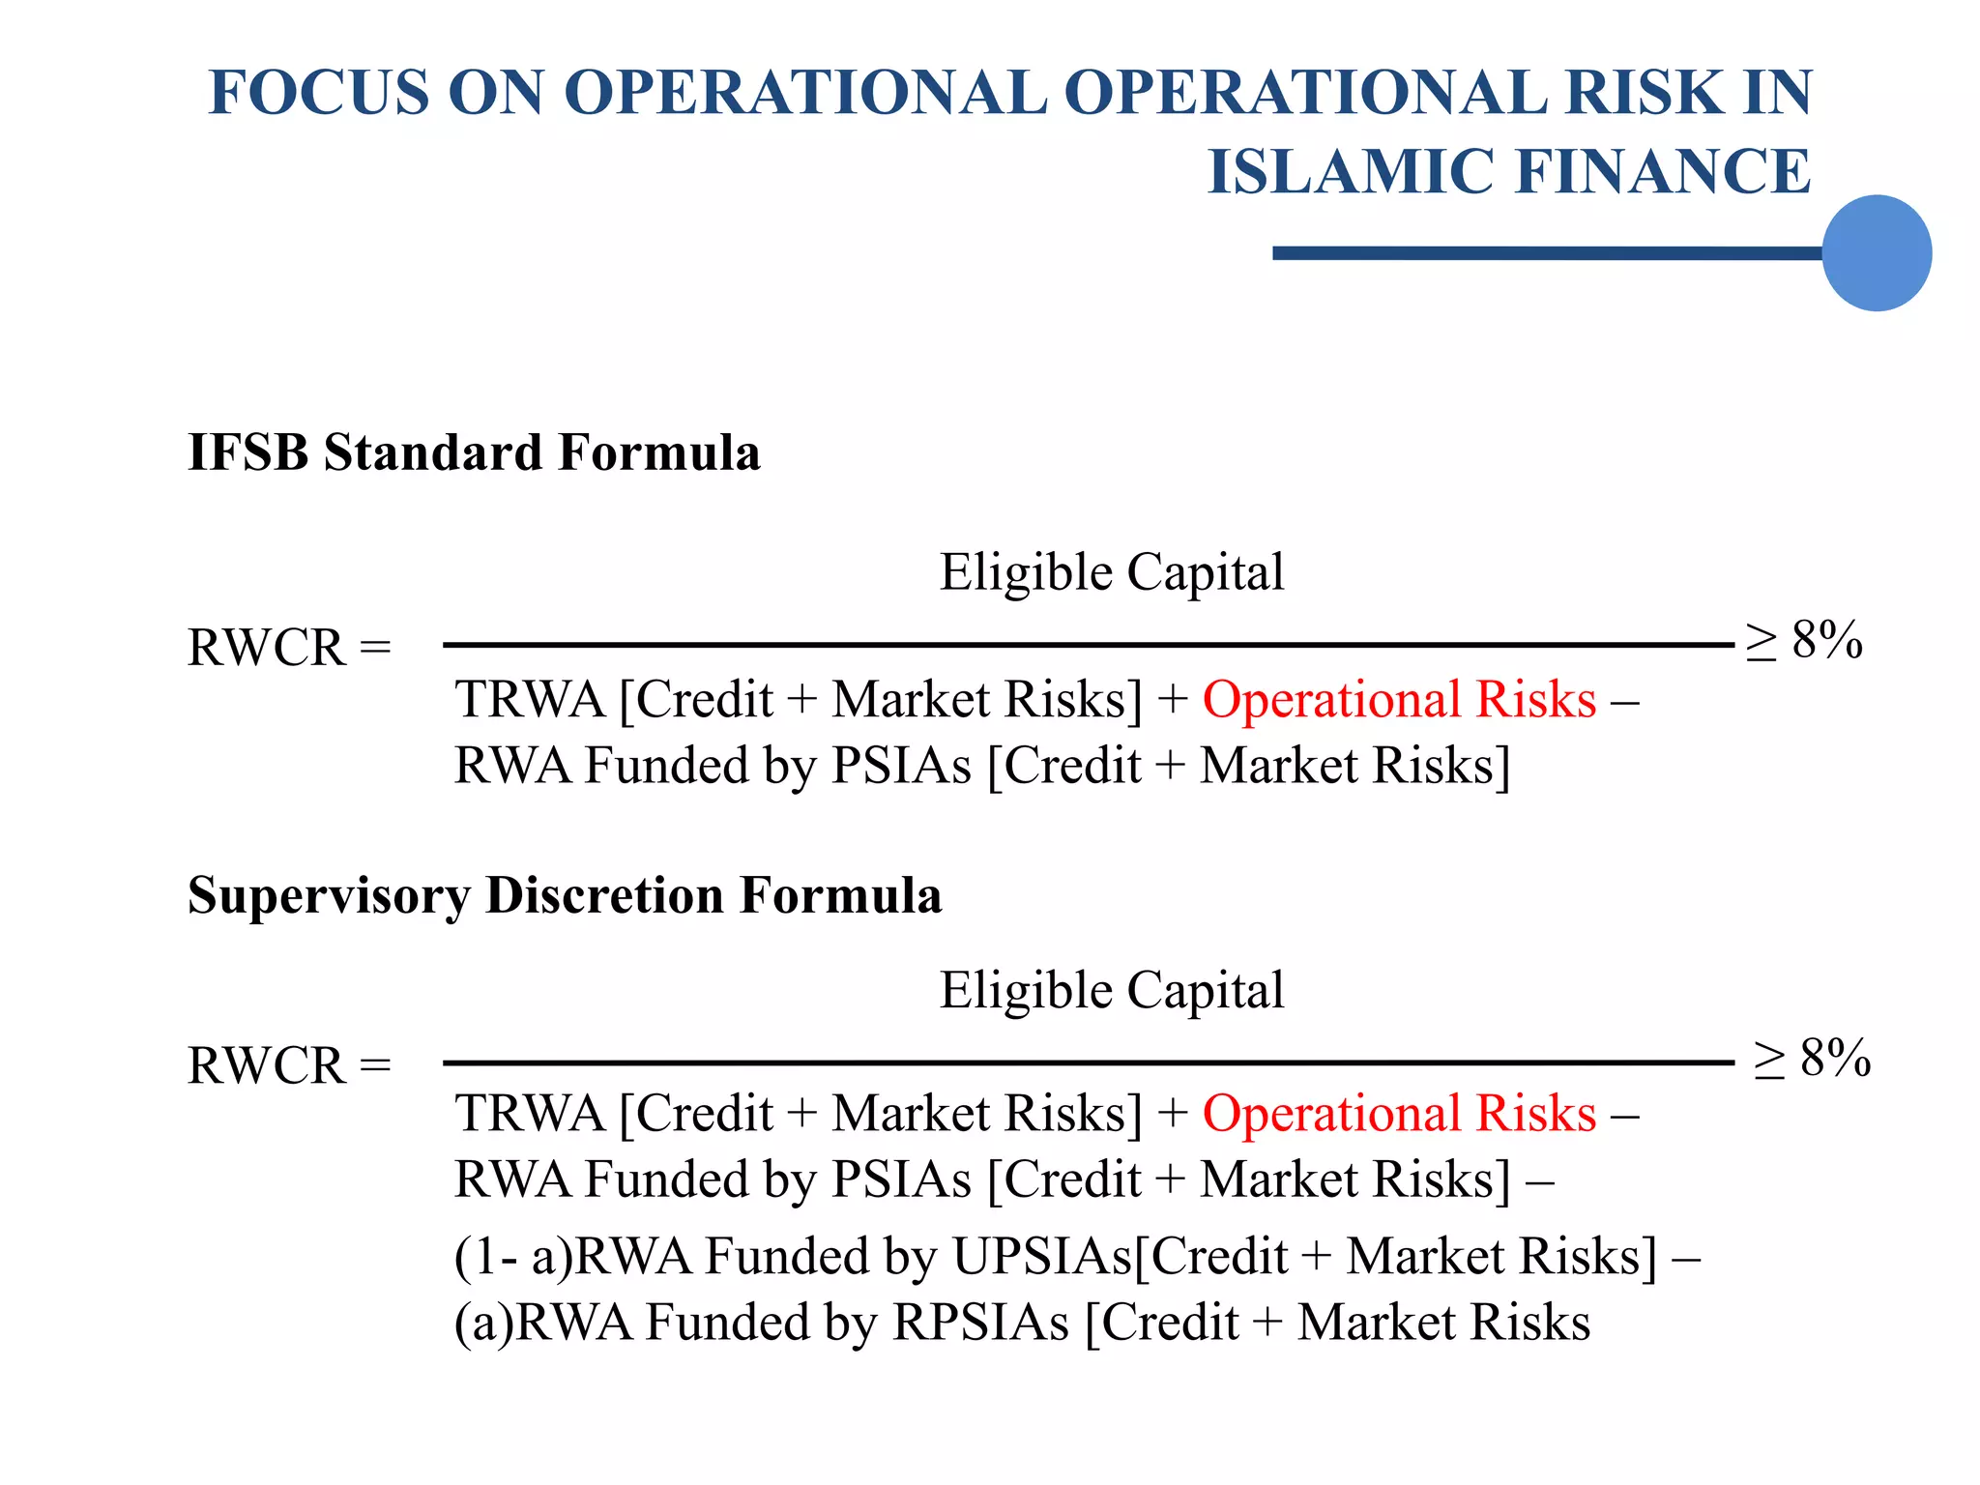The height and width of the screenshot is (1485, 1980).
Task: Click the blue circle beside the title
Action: [x=1876, y=253]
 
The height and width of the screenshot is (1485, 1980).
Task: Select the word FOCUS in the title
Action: [x=319, y=93]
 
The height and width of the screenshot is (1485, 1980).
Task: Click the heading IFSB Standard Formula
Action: [x=474, y=452]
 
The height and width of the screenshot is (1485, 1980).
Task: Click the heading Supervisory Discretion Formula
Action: [x=565, y=895]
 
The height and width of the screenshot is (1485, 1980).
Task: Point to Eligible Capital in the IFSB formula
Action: [x=1112, y=572]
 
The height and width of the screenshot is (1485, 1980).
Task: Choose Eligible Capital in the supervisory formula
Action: [x=1112, y=991]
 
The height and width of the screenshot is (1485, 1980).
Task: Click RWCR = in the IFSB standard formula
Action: [x=289, y=648]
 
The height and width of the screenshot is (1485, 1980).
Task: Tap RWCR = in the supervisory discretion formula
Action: [x=289, y=1066]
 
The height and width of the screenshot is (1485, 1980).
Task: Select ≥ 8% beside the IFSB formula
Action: [x=1804, y=640]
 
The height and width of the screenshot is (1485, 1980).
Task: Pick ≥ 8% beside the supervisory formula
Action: [x=1812, y=1059]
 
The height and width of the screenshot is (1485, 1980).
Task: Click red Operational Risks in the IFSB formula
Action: [x=1399, y=700]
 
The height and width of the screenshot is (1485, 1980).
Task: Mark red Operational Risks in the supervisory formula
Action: [x=1399, y=1114]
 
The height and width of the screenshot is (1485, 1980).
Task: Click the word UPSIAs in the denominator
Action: [x=1042, y=1257]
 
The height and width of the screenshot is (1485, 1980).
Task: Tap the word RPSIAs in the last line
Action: [x=980, y=1323]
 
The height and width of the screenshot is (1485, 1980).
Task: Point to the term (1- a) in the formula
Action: [x=512, y=1257]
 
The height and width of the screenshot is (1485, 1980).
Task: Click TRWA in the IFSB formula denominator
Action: [x=530, y=700]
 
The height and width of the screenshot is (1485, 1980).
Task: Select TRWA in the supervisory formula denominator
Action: [x=530, y=1114]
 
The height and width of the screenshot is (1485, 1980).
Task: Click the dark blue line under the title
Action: [x=1547, y=253]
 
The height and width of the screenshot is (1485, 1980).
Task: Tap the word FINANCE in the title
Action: [x=1663, y=172]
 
